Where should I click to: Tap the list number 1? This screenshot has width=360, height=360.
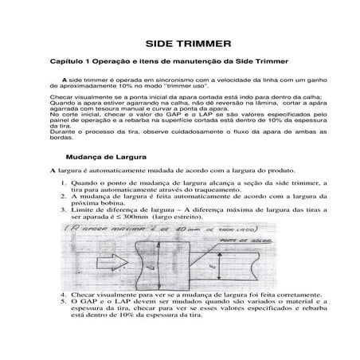tap(63, 205)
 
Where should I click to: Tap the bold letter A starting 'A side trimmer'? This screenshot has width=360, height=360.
tap(65, 81)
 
